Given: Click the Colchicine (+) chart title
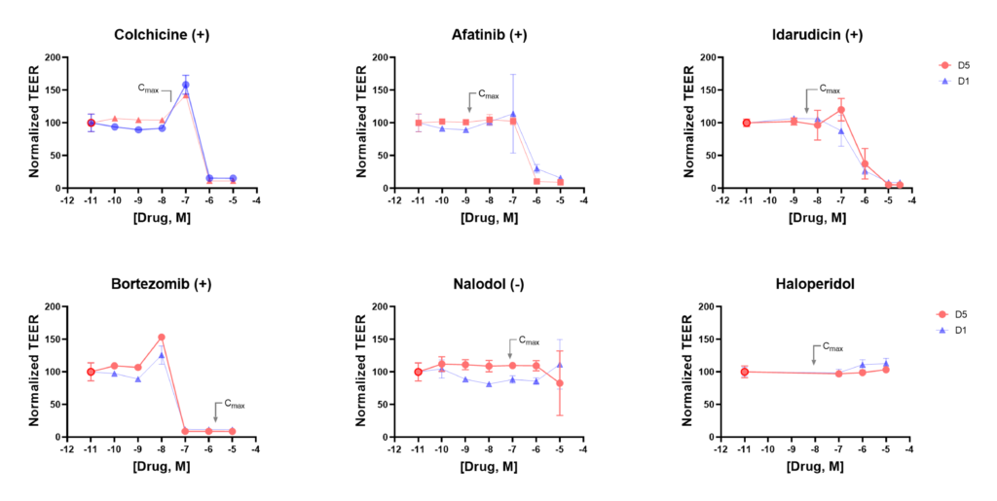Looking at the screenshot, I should pyautogui.click(x=162, y=35).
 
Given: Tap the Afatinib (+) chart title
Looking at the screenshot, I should pyautogui.click(x=489, y=35).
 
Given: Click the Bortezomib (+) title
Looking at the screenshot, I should pyautogui.click(x=162, y=284).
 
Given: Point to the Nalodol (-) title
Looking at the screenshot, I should pyautogui.click(x=489, y=284).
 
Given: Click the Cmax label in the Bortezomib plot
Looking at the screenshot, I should pyautogui.click(x=234, y=404).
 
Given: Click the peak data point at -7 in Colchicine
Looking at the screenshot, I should pyautogui.click(x=186, y=86).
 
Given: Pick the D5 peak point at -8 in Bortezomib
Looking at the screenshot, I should pyautogui.click(x=162, y=338).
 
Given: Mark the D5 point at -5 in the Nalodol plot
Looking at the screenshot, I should pyautogui.click(x=560, y=383).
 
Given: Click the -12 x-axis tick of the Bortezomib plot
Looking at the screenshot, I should pyautogui.click(x=66, y=449).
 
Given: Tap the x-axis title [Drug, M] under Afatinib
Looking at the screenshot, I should pyautogui.click(x=489, y=217).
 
